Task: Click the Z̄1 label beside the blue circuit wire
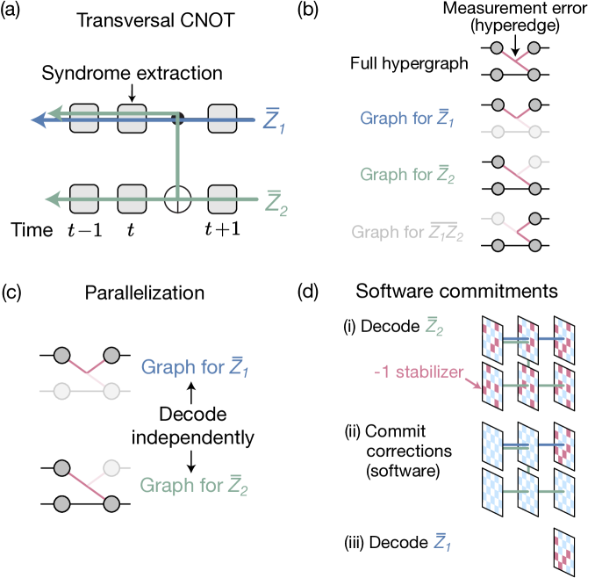275,120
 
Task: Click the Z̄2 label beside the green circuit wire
276,204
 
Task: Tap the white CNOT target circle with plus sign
178,199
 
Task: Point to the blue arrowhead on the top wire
39,119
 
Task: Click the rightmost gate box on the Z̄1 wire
222,119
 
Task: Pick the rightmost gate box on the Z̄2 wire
222,199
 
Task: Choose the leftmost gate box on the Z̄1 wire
84,119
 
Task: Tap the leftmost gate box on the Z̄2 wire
84,199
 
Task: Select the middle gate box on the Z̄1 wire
132,119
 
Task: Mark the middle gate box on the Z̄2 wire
132,199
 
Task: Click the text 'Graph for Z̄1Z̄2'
407,233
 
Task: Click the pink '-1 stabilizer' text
417,372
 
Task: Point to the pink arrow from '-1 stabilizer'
474,382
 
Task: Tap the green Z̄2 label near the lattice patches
434,327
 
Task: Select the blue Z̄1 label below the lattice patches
443,542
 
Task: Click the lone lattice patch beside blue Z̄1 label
563,552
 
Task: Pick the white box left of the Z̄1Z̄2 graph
497,220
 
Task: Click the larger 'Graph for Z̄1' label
195,367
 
